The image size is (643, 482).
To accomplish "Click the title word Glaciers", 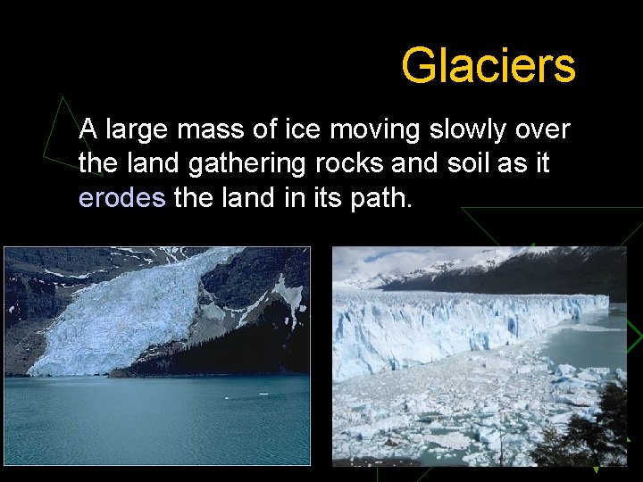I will [489, 65].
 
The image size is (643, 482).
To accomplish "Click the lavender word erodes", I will [122, 197].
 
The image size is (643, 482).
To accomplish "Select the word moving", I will [374, 131].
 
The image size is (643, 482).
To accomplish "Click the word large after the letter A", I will [137, 131].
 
